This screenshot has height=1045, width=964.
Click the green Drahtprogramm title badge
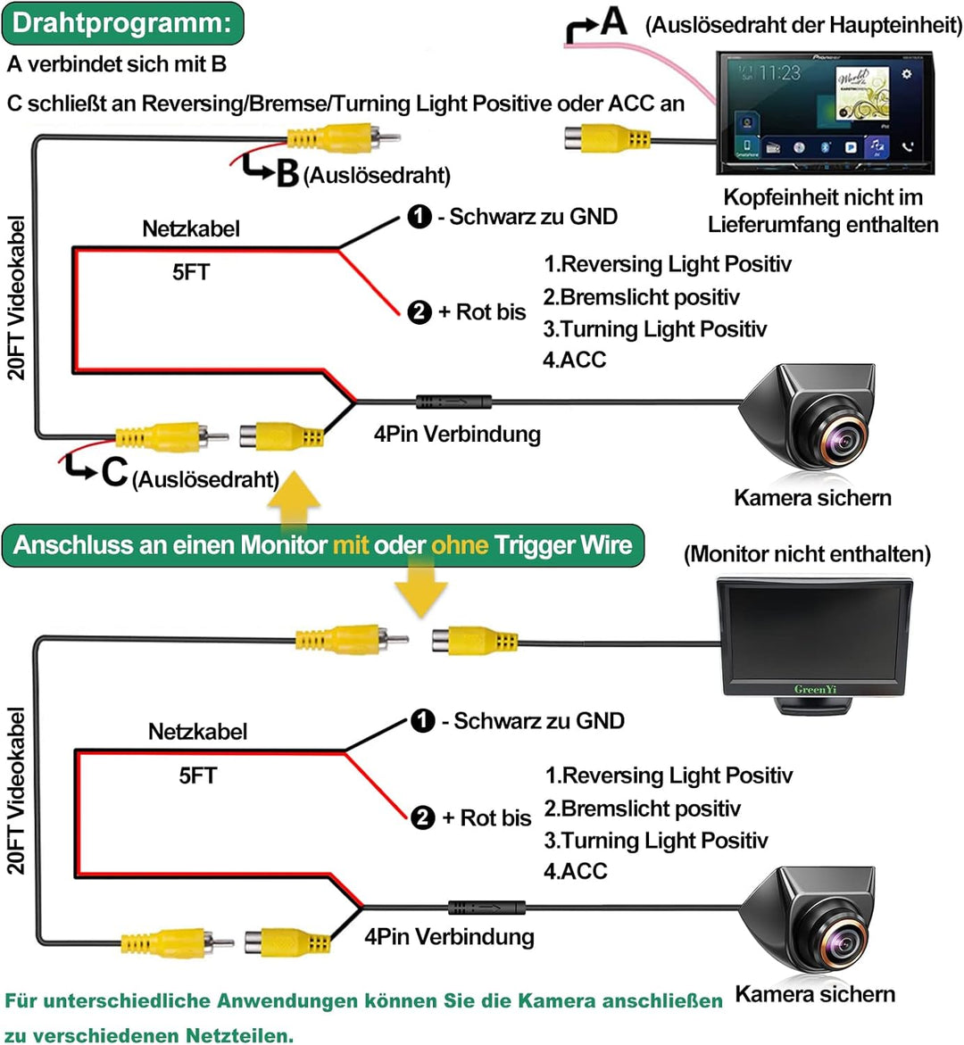click(x=122, y=23)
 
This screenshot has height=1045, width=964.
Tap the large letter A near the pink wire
click(x=613, y=21)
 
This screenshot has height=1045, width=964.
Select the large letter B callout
click(x=287, y=173)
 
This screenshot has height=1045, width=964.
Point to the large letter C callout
click(x=114, y=471)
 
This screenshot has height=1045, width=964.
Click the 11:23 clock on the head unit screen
click(x=779, y=73)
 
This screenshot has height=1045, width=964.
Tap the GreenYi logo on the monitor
click(x=815, y=689)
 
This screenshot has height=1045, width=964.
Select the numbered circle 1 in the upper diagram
click(x=420, y=217)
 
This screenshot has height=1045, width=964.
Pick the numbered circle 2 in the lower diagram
click(x=422, y=817)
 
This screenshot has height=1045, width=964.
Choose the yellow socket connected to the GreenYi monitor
click(x=474, y=641)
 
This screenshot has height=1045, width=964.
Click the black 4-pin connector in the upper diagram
click(x=453, y=402)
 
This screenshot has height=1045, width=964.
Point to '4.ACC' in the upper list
click(x=575, y=360)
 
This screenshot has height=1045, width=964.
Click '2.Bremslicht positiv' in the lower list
click(x=643, y=809)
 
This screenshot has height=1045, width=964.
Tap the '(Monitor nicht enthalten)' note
click(x=807, y=554)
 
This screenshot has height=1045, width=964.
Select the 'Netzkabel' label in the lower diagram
click(x=197, y=732)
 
